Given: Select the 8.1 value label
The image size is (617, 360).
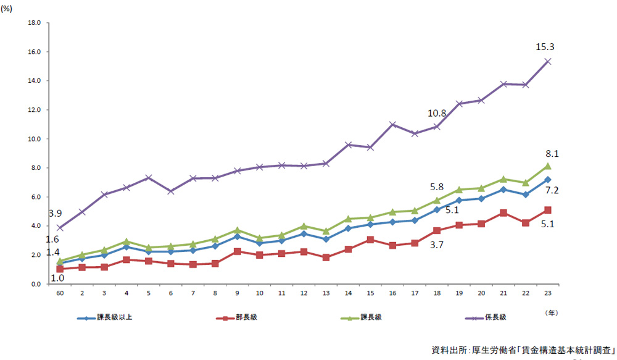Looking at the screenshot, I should (x=552, y=154).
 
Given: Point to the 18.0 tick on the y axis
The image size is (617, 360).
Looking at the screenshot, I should (x=34, y=23).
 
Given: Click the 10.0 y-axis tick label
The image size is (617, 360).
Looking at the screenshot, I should (x=34, y=139).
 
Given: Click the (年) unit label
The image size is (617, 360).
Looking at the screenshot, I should (x=551, y=312).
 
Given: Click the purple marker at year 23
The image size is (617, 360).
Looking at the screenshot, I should (x=547, y=61).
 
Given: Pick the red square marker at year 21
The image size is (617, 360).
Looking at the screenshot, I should (x=503, y=213).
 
